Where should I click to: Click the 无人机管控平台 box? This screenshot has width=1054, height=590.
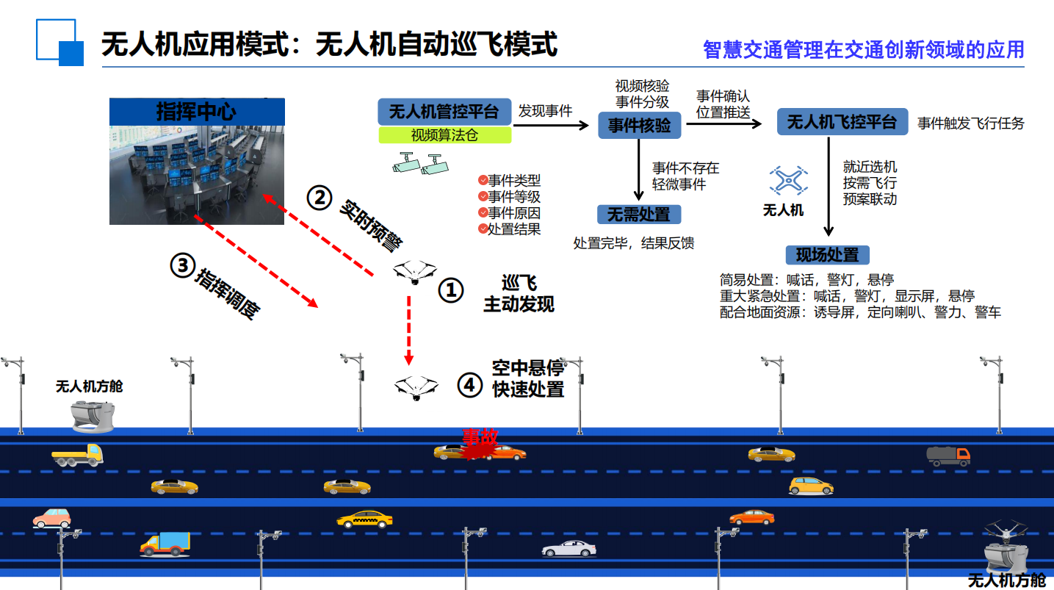[x=444, y=112]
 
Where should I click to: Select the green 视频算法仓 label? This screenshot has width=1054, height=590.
[x=445, y=135]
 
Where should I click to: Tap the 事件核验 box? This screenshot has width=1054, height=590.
[x=639, y=126]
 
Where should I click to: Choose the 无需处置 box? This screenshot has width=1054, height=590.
[x=638, y=215]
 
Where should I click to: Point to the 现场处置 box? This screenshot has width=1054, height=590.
[x=827, y=255]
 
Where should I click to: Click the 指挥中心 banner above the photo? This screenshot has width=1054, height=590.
[x=197, y=112]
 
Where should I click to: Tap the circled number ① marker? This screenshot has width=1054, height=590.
[x=451, y=290]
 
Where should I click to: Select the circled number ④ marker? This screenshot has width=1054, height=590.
[x=469, y=384]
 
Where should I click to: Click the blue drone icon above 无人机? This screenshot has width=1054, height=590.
[x=787, y=180]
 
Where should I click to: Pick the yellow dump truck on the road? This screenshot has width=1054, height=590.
[x=77, y=456]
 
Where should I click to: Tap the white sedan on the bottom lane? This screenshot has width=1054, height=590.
[x=568, y=548]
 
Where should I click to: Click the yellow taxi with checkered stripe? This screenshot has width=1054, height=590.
[x=364, y=519]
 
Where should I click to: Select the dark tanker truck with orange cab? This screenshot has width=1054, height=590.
[x=948, y=456]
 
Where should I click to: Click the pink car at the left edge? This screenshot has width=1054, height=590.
[x=51, y=518]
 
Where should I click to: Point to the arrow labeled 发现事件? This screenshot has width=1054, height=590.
[x=551, y=126]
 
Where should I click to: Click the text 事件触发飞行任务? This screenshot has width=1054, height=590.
[x=970, y=123]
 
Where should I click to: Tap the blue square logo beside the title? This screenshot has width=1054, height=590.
[x=59, y=43]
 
